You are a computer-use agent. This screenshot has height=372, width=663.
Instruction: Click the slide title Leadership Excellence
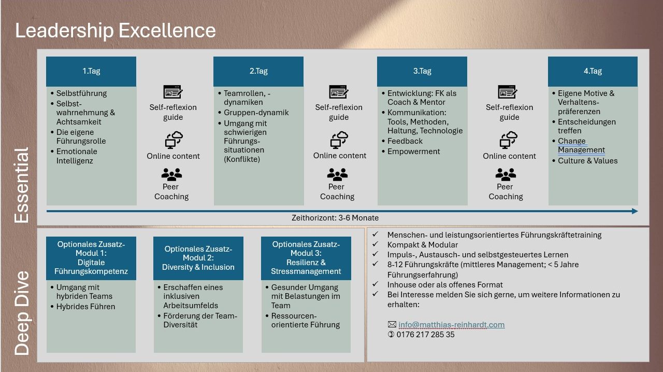point(116,31)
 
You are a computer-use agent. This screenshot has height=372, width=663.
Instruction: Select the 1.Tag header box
point(91,72)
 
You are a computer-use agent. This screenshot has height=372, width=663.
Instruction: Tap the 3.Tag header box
point(422,72)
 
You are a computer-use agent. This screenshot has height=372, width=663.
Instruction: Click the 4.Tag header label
point(593,71)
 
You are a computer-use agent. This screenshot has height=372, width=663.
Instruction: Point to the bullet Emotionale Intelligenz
point(77,156)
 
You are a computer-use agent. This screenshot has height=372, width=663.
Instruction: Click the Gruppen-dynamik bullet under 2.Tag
point(256,113)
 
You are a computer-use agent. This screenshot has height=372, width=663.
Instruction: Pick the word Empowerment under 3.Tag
point(413,151)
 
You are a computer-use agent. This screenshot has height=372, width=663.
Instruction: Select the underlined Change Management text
point(581,146)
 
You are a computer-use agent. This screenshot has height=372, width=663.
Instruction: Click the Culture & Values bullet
point(587,161)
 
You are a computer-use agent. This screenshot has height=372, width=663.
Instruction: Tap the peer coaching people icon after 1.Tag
point(171,174)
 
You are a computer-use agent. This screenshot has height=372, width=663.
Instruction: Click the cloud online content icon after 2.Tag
point(339,140)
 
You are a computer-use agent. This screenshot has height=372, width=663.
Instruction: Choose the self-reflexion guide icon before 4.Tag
point(508,92)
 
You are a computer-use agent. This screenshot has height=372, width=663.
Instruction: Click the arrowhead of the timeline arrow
point(635,211)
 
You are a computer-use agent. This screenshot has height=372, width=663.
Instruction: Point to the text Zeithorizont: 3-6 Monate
point(335,218)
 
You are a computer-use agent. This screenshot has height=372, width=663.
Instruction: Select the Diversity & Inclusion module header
point(198,258)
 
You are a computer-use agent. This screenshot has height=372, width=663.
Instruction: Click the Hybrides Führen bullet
point(85,307)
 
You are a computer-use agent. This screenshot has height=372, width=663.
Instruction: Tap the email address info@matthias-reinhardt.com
point(451,325)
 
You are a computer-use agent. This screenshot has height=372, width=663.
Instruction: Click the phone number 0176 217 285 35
point(425,335)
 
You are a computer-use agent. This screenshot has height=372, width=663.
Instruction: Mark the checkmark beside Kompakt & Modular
point(376,244)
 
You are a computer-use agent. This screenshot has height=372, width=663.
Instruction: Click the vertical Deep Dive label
point(22,313)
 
